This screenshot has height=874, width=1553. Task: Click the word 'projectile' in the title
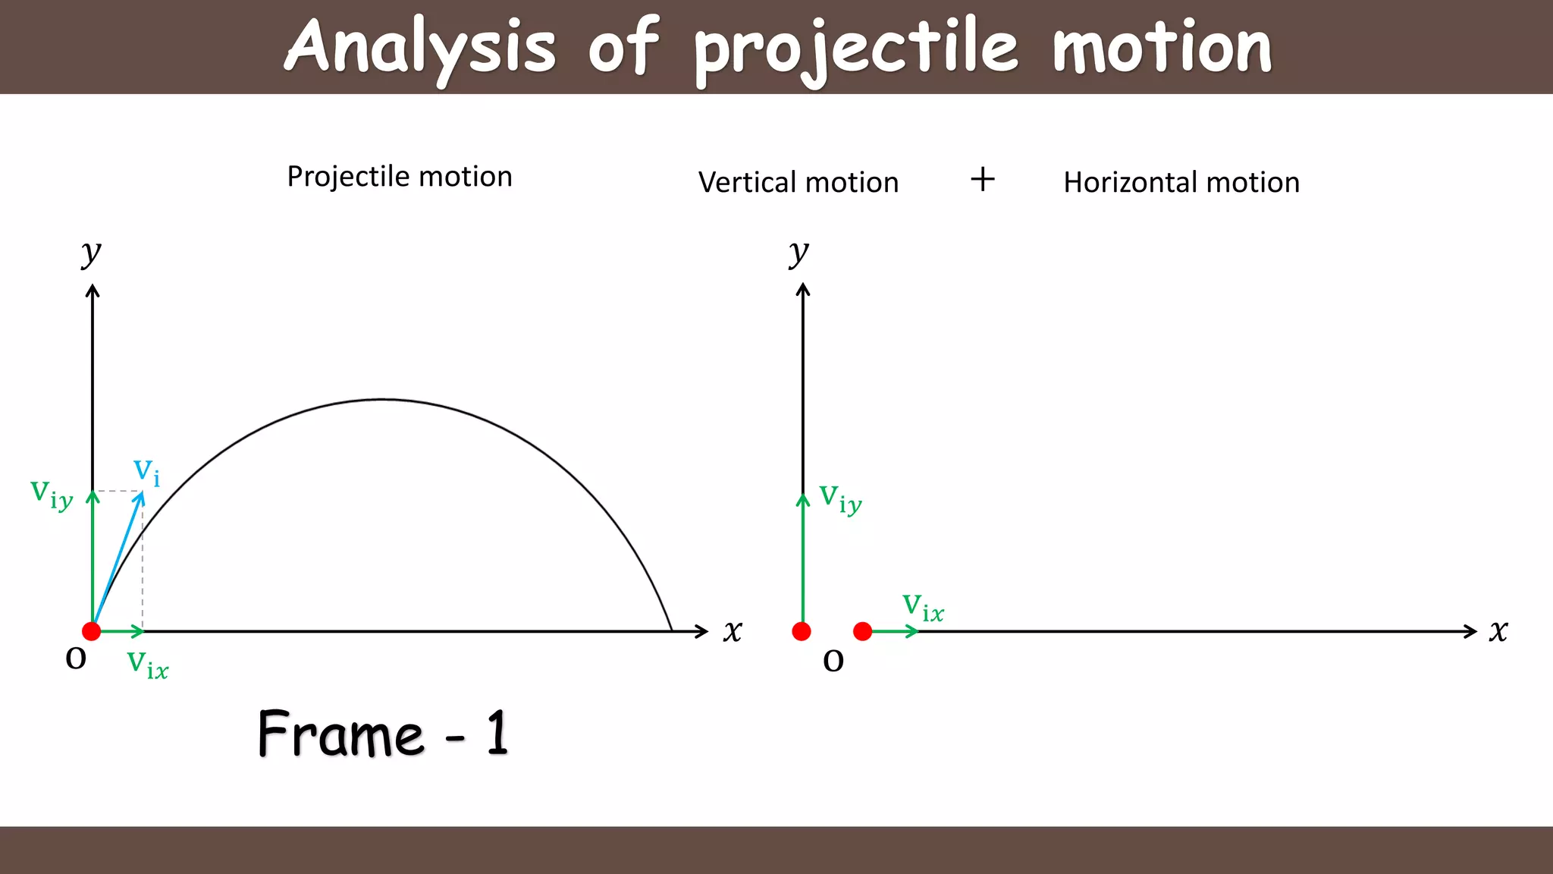855,49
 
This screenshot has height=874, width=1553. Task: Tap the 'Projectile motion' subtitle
400,177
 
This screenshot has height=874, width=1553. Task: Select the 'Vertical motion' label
798,183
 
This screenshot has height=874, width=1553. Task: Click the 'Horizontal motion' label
1181,183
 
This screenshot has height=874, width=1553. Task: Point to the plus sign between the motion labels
983,180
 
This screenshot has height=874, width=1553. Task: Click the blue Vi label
146,472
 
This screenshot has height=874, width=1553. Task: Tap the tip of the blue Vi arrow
142,494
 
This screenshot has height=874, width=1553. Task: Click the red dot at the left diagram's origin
92,631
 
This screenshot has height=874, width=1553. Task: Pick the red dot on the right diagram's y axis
802,631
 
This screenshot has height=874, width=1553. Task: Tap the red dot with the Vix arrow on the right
863,631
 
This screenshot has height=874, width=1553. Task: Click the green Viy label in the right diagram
840,499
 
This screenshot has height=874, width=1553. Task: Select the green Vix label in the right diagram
923,608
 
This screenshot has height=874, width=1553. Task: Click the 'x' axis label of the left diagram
733,631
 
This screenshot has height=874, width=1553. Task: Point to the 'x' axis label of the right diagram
1498,631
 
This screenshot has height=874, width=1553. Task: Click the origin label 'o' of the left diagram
76,658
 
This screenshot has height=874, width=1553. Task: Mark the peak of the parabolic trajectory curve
383,399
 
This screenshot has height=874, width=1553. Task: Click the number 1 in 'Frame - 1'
497,733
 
